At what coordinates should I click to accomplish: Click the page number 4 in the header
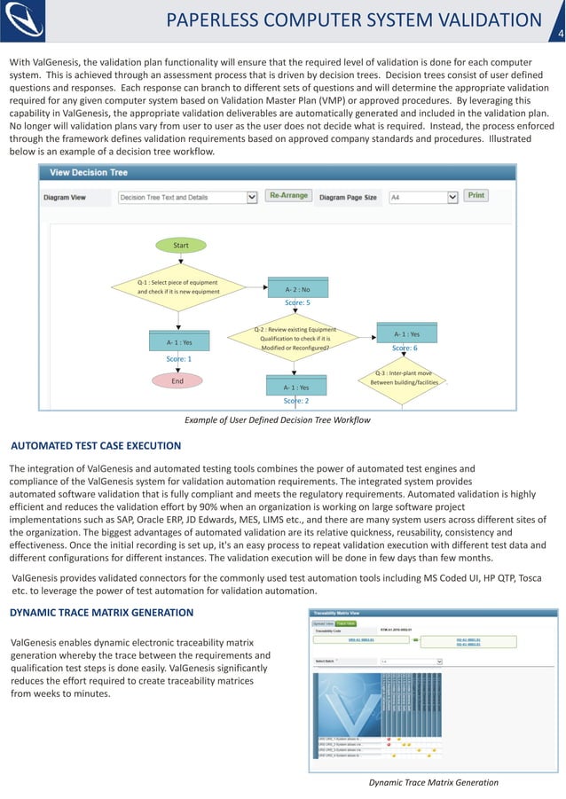pos(559,35)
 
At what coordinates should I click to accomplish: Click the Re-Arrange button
pos(289,196)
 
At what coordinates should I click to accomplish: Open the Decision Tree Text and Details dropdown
pos(187,198)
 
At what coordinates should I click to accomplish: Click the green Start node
pos(181,246)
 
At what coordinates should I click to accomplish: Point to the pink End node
pos(177,380)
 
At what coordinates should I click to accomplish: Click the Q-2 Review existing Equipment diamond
pos(295,339)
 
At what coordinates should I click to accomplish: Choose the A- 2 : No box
pos(297,289)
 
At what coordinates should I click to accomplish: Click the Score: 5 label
pos(297,303)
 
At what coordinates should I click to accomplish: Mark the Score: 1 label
pos(178,359)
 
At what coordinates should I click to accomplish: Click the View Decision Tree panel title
pos(89,172)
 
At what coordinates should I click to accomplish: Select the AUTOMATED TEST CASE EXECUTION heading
pos(95,446)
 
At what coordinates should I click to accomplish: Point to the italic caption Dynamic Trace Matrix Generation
pos(434,782)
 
